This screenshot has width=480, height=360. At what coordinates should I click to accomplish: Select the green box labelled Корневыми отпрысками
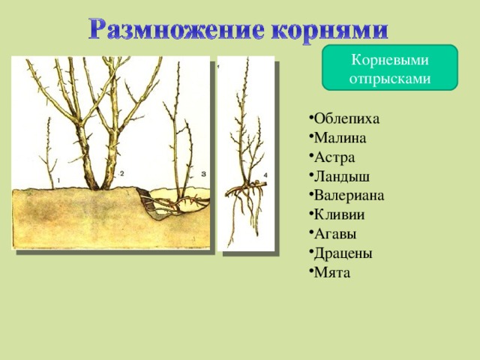point(390,67)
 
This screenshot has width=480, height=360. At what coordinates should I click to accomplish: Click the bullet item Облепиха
point(344,118)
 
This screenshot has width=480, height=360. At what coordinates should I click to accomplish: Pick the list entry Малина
point(337,138)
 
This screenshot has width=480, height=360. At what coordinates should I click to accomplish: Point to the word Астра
point(332,157)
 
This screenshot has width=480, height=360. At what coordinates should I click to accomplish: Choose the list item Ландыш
point(340,177)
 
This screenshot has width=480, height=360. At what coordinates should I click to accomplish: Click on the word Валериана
point(346,196)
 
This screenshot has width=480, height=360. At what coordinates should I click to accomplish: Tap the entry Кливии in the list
point(337,214)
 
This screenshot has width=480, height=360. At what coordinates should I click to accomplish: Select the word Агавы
point(333,234)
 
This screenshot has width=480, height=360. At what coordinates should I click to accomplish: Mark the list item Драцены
point(340,253)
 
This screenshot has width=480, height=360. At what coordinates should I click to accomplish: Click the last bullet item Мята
point(330,273)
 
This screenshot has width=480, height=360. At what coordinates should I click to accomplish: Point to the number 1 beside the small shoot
point(58,181)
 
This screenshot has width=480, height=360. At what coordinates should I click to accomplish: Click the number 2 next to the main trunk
point(121,173)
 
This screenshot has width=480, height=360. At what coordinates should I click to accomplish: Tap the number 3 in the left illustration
point(203,174)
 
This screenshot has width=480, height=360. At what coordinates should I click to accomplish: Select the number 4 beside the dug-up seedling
point(265,175)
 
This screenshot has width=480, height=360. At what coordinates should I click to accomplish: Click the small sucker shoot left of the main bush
point(49,153)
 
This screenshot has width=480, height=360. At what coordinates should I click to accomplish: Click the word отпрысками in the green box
point(390,79)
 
